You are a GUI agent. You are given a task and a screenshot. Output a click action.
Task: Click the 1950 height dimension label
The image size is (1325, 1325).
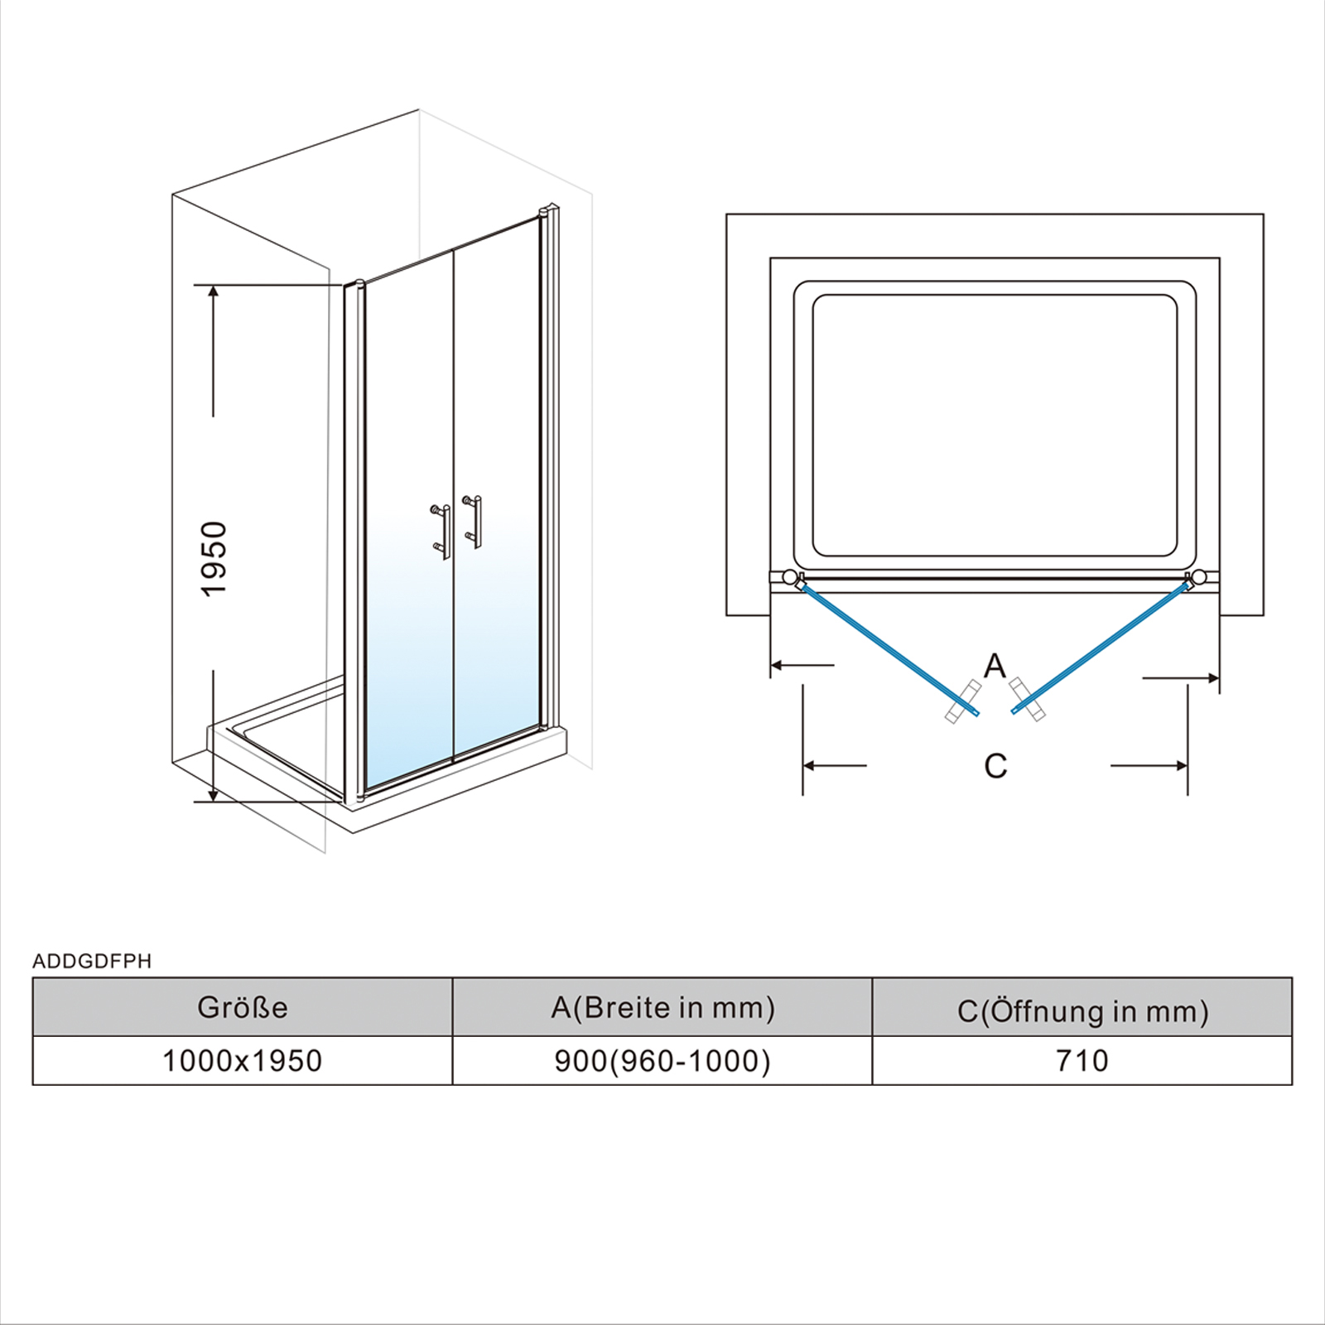tap(214, 558)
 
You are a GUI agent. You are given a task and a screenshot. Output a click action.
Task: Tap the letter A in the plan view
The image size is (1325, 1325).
tap(995, 665)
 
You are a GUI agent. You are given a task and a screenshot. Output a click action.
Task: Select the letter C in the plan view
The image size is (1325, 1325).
tap(995, 766)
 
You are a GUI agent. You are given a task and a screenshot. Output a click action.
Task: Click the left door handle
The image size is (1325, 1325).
tap(441, 531)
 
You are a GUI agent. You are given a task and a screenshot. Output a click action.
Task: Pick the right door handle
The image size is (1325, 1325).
tap(473, 522)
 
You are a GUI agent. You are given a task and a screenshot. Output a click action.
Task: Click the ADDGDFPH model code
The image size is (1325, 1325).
tap(92, 961)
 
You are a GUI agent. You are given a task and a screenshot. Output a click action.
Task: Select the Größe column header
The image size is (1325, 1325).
tap(243, 1007)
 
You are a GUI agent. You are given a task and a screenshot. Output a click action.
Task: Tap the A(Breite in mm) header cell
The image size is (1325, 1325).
tap(662, 1007)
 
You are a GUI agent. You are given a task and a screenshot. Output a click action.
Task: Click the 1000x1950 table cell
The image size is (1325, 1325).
tap(243, 1061)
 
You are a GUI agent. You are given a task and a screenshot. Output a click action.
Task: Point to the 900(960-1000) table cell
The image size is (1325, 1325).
tap(662, 1061)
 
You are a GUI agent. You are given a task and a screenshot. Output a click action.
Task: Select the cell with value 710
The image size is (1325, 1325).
tap(1082, 1061)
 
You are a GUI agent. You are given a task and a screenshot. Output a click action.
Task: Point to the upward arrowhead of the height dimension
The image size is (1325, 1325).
tap(214, 292)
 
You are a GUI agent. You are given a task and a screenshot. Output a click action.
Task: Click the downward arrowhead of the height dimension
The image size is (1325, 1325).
tap(214, 794)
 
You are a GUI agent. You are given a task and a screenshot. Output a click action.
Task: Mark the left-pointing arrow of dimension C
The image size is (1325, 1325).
tap(835, 766)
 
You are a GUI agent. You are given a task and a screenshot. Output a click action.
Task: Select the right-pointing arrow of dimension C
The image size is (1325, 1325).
tap(1149, 766)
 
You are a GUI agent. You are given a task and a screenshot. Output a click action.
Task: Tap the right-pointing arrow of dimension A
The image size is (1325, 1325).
tap(1181, 678)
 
